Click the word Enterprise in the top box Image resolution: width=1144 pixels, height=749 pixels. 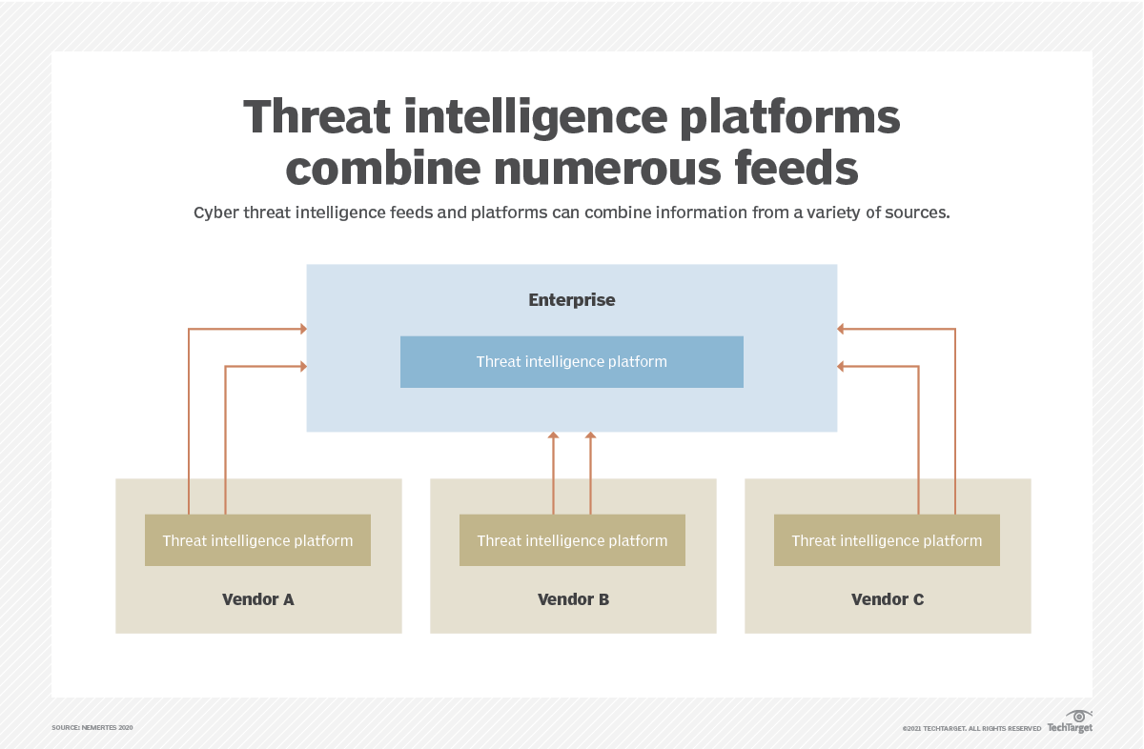[x=572, y=300]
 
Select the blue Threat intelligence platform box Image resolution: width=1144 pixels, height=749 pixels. [x=572, y=362]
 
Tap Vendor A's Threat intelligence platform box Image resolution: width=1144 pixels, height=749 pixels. [x=257, y=540]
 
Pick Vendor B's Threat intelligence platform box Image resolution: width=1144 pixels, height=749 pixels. [x=572, y=540]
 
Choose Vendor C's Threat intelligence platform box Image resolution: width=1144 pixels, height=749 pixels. [x=887, y=540]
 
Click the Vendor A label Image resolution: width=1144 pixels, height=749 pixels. [x=257, y=599]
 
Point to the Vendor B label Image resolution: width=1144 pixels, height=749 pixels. [x=573, y=599]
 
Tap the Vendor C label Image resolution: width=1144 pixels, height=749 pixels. [x=887, y=599]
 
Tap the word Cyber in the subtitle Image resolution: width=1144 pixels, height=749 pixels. [x=215, y=213]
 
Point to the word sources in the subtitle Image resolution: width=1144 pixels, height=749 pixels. [x=916, y=213]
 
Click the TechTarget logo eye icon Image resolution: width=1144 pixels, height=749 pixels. [x=1078, y=717]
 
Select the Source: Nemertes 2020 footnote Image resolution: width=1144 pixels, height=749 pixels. [x=92, y=728]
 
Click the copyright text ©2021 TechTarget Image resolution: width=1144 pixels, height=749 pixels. [x=971, y=729]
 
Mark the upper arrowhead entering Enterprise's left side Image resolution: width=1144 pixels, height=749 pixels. [x=302, y=329]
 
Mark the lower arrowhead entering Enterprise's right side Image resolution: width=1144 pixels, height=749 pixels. [x=842, y=366]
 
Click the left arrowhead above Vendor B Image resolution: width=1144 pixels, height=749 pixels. [x=553, y=436]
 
